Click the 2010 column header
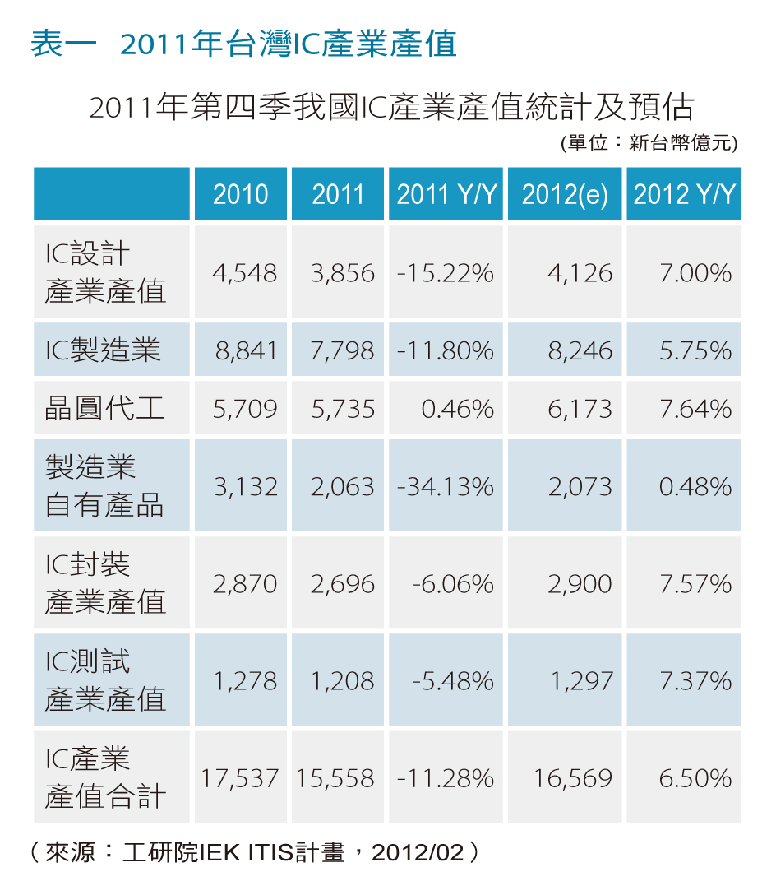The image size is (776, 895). [x=240, y=194]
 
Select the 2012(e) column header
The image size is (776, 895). [x=565, y=194]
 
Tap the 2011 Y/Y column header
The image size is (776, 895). [x=446, y=194]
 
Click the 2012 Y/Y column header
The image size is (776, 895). [x=684, y=194]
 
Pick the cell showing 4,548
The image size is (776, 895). [x=245, y=273]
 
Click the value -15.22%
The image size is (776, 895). [x=446, y=273]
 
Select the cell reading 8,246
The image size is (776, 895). [x=580, y=350]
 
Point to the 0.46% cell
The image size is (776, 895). [x=458, y=409]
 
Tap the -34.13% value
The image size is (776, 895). [x=446, y=487]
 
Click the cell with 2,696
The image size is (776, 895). [x=342, y=584]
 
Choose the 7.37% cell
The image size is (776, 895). [x=695, y=681]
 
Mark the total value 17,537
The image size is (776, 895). [x=240, y=778]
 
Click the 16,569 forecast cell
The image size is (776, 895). [x=573, y=778]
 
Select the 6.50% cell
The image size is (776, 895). [x=695, y=778]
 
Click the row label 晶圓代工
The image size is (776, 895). [x=105, y=409]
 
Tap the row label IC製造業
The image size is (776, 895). [x=103, y=350]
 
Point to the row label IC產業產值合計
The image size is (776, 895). [x=105, y=778]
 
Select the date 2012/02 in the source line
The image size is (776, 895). [x=418, y=853]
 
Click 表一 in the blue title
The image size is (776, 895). [x=63, y=44]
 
